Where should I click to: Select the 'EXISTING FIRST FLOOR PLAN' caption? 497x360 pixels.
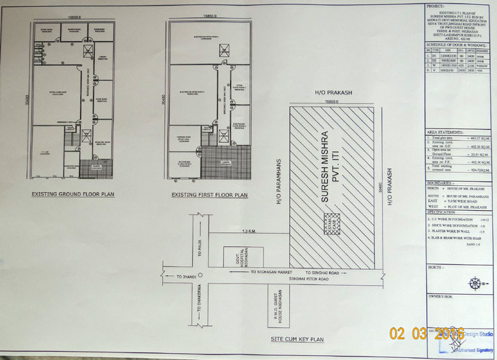coord(209,196)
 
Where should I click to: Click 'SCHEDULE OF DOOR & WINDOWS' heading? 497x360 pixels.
coord(457,44)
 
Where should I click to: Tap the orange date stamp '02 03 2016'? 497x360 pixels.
coord(426,334)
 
